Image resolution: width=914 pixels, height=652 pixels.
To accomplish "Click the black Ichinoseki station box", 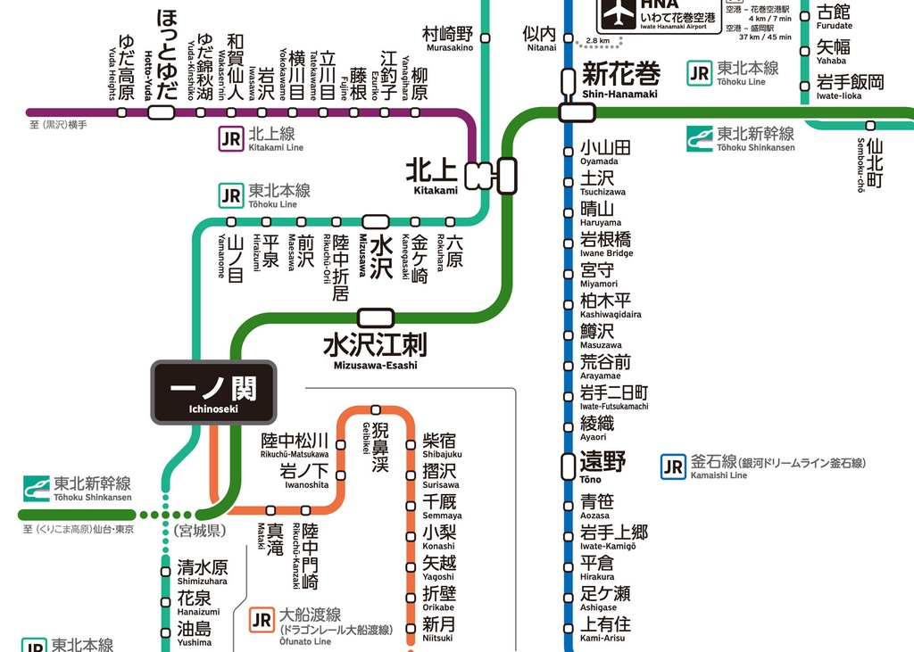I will click(x=212, y=392).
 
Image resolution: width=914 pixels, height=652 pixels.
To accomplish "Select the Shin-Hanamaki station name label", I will click(x=620, y=78).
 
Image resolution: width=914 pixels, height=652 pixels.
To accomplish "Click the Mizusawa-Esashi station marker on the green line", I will click(x=375, y=317).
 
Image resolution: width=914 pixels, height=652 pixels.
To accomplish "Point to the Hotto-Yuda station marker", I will click(x=161, y=112).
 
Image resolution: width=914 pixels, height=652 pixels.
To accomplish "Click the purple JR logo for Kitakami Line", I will click(x=230, y=138).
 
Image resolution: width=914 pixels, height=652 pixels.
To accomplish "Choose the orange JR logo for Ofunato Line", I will click(x=262, y=620).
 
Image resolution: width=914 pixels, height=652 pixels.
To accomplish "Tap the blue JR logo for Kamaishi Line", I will click(x=673, y=466).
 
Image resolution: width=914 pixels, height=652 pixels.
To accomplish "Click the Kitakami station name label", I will click(x=432, y=174).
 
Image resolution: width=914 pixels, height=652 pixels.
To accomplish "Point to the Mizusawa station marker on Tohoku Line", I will click(x=375, y=221).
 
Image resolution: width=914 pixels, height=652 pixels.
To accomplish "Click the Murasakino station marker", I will click(x=486, y=37).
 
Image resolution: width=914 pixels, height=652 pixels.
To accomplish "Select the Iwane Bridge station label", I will click(x=606, y=244).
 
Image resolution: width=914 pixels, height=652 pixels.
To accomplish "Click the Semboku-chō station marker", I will click(x=870, y=126).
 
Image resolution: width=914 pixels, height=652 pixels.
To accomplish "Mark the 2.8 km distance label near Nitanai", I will click(x=598, y=41).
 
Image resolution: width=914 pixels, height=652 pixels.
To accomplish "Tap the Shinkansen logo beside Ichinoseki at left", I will click(x=37, y=488).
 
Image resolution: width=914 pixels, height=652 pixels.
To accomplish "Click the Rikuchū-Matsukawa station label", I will click(x=295, y=445).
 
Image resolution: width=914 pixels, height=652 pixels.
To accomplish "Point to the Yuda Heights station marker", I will click(x=122, y=112).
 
